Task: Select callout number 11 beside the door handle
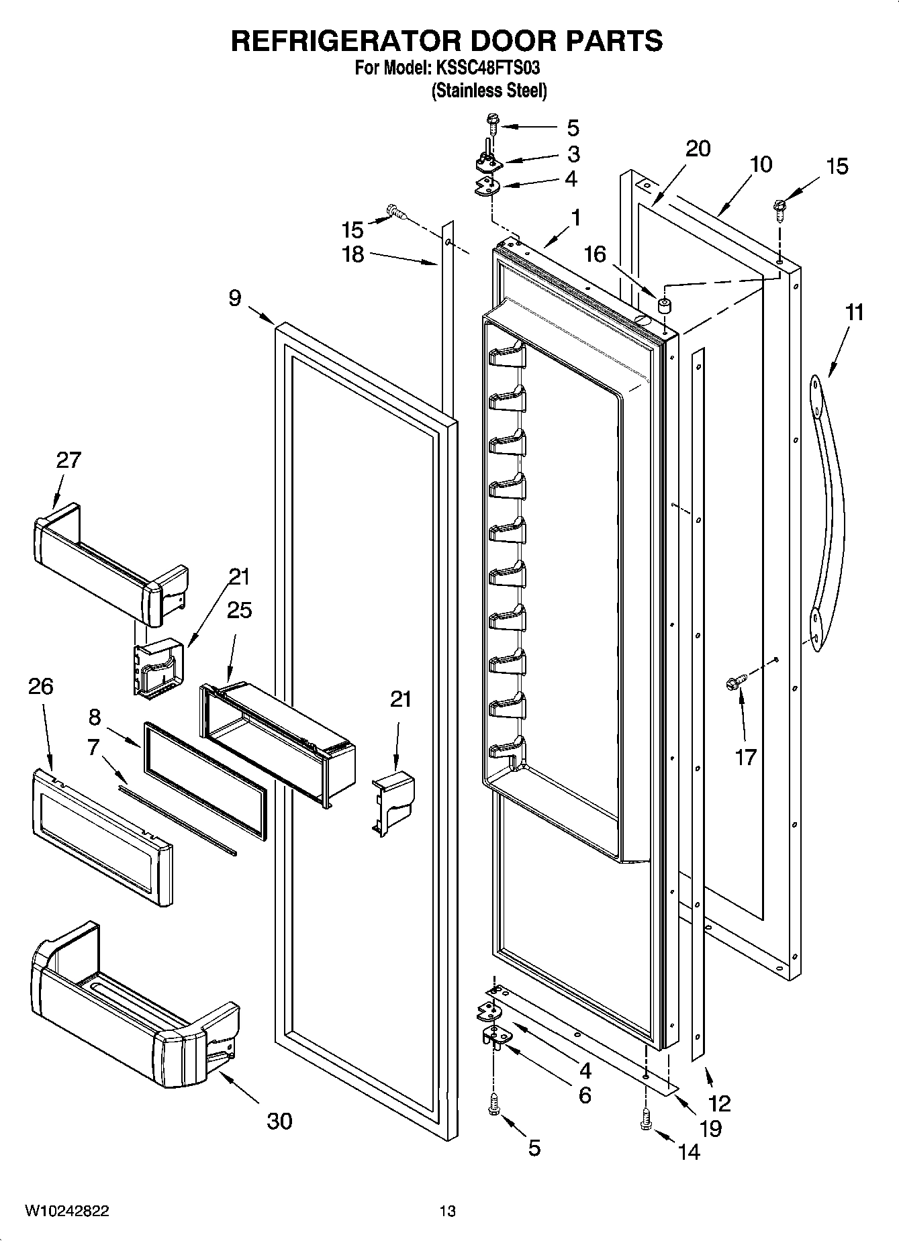tap(853, 313)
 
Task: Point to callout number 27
tap(68, 460)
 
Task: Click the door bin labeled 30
tap(134, 1013)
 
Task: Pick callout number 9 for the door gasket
tap(234, 298)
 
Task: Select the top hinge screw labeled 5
tap(491, 124)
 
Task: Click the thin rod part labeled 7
tap(178, 821)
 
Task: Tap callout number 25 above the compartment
tap(239, 610)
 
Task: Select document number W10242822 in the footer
tap(67, 1211)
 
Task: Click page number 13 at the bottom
tap(447, 1211)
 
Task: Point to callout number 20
tap(698, 148)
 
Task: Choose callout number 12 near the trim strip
tap(719, 1103)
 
